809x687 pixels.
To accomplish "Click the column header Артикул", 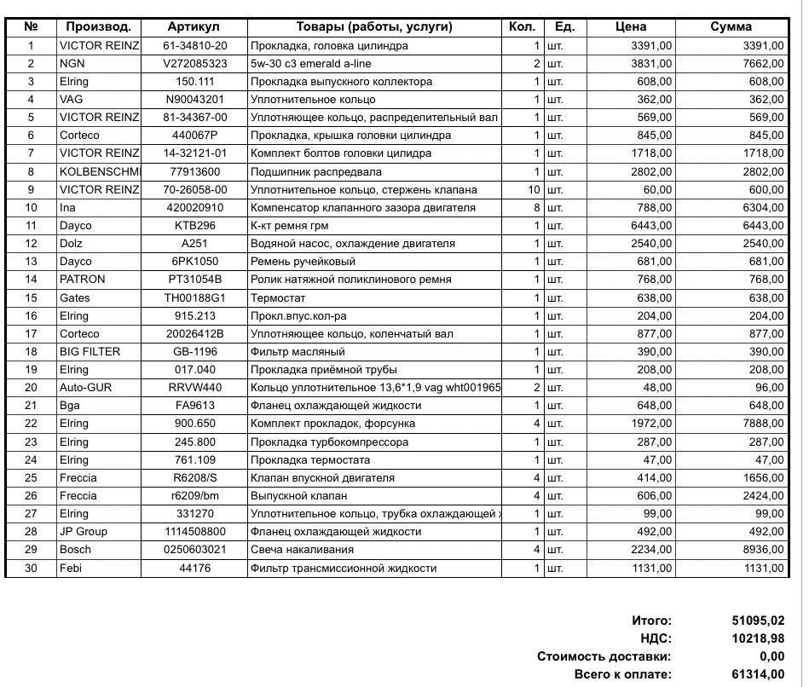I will click(194, 27).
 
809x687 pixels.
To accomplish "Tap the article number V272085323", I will click(195, 63).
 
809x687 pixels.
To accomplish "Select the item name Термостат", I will click(278, 298).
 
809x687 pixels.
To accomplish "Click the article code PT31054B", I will click(194, 280).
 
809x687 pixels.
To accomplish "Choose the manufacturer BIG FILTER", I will click(90, 352).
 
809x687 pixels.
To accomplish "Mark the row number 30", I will click(32, 568).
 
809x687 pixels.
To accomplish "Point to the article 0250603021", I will click(195, 550).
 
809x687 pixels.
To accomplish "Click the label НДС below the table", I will click(656, 638).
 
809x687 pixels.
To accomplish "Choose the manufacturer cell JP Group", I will click(84, 532).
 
